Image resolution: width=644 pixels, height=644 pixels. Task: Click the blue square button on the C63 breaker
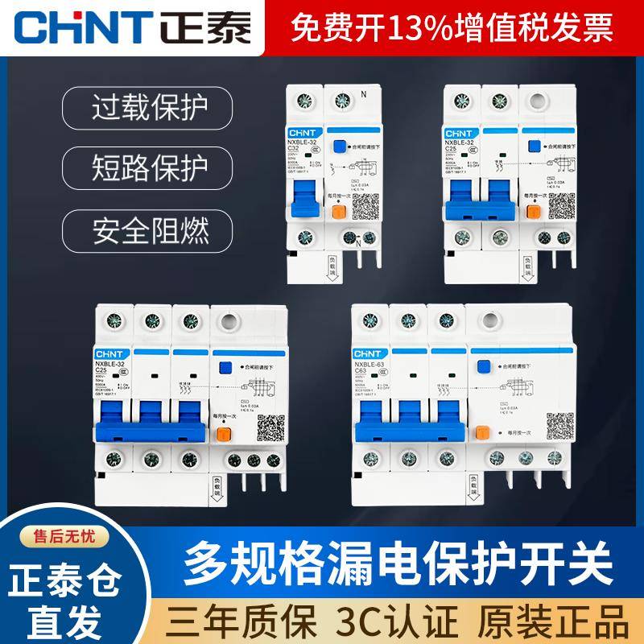coord(484,369)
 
